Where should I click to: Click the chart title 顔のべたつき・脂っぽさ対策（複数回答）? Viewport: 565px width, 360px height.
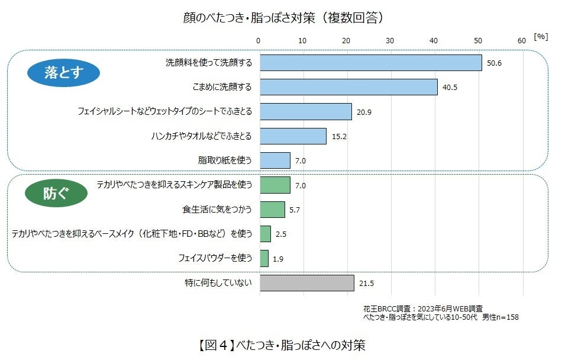tap(283, 17)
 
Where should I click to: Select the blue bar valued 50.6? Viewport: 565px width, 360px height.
tap(371, 63)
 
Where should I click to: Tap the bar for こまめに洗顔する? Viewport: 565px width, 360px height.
tap(348, 87)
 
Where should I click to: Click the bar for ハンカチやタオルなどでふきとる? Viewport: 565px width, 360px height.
tap(293, 136)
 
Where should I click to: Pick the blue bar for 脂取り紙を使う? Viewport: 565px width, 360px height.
tap(275, 160)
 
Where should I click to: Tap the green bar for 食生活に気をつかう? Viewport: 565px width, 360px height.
tap(272, 210)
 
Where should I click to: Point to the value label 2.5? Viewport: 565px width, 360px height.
tap(281, 234)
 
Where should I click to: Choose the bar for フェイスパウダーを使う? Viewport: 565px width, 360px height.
tap(264, 258)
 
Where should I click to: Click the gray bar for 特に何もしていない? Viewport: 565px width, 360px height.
tap(307, 283)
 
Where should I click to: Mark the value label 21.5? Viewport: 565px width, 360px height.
tap(367, 284)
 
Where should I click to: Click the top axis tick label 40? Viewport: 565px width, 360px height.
tap(434, 40)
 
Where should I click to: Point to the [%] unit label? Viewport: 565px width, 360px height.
tap(541, 37)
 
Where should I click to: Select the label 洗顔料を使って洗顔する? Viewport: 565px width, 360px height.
tap(209, 63)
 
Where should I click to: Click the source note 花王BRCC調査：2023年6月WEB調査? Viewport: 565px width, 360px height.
tap(423, 309)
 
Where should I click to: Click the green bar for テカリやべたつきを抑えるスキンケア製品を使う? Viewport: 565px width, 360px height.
tap(275, 185)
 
